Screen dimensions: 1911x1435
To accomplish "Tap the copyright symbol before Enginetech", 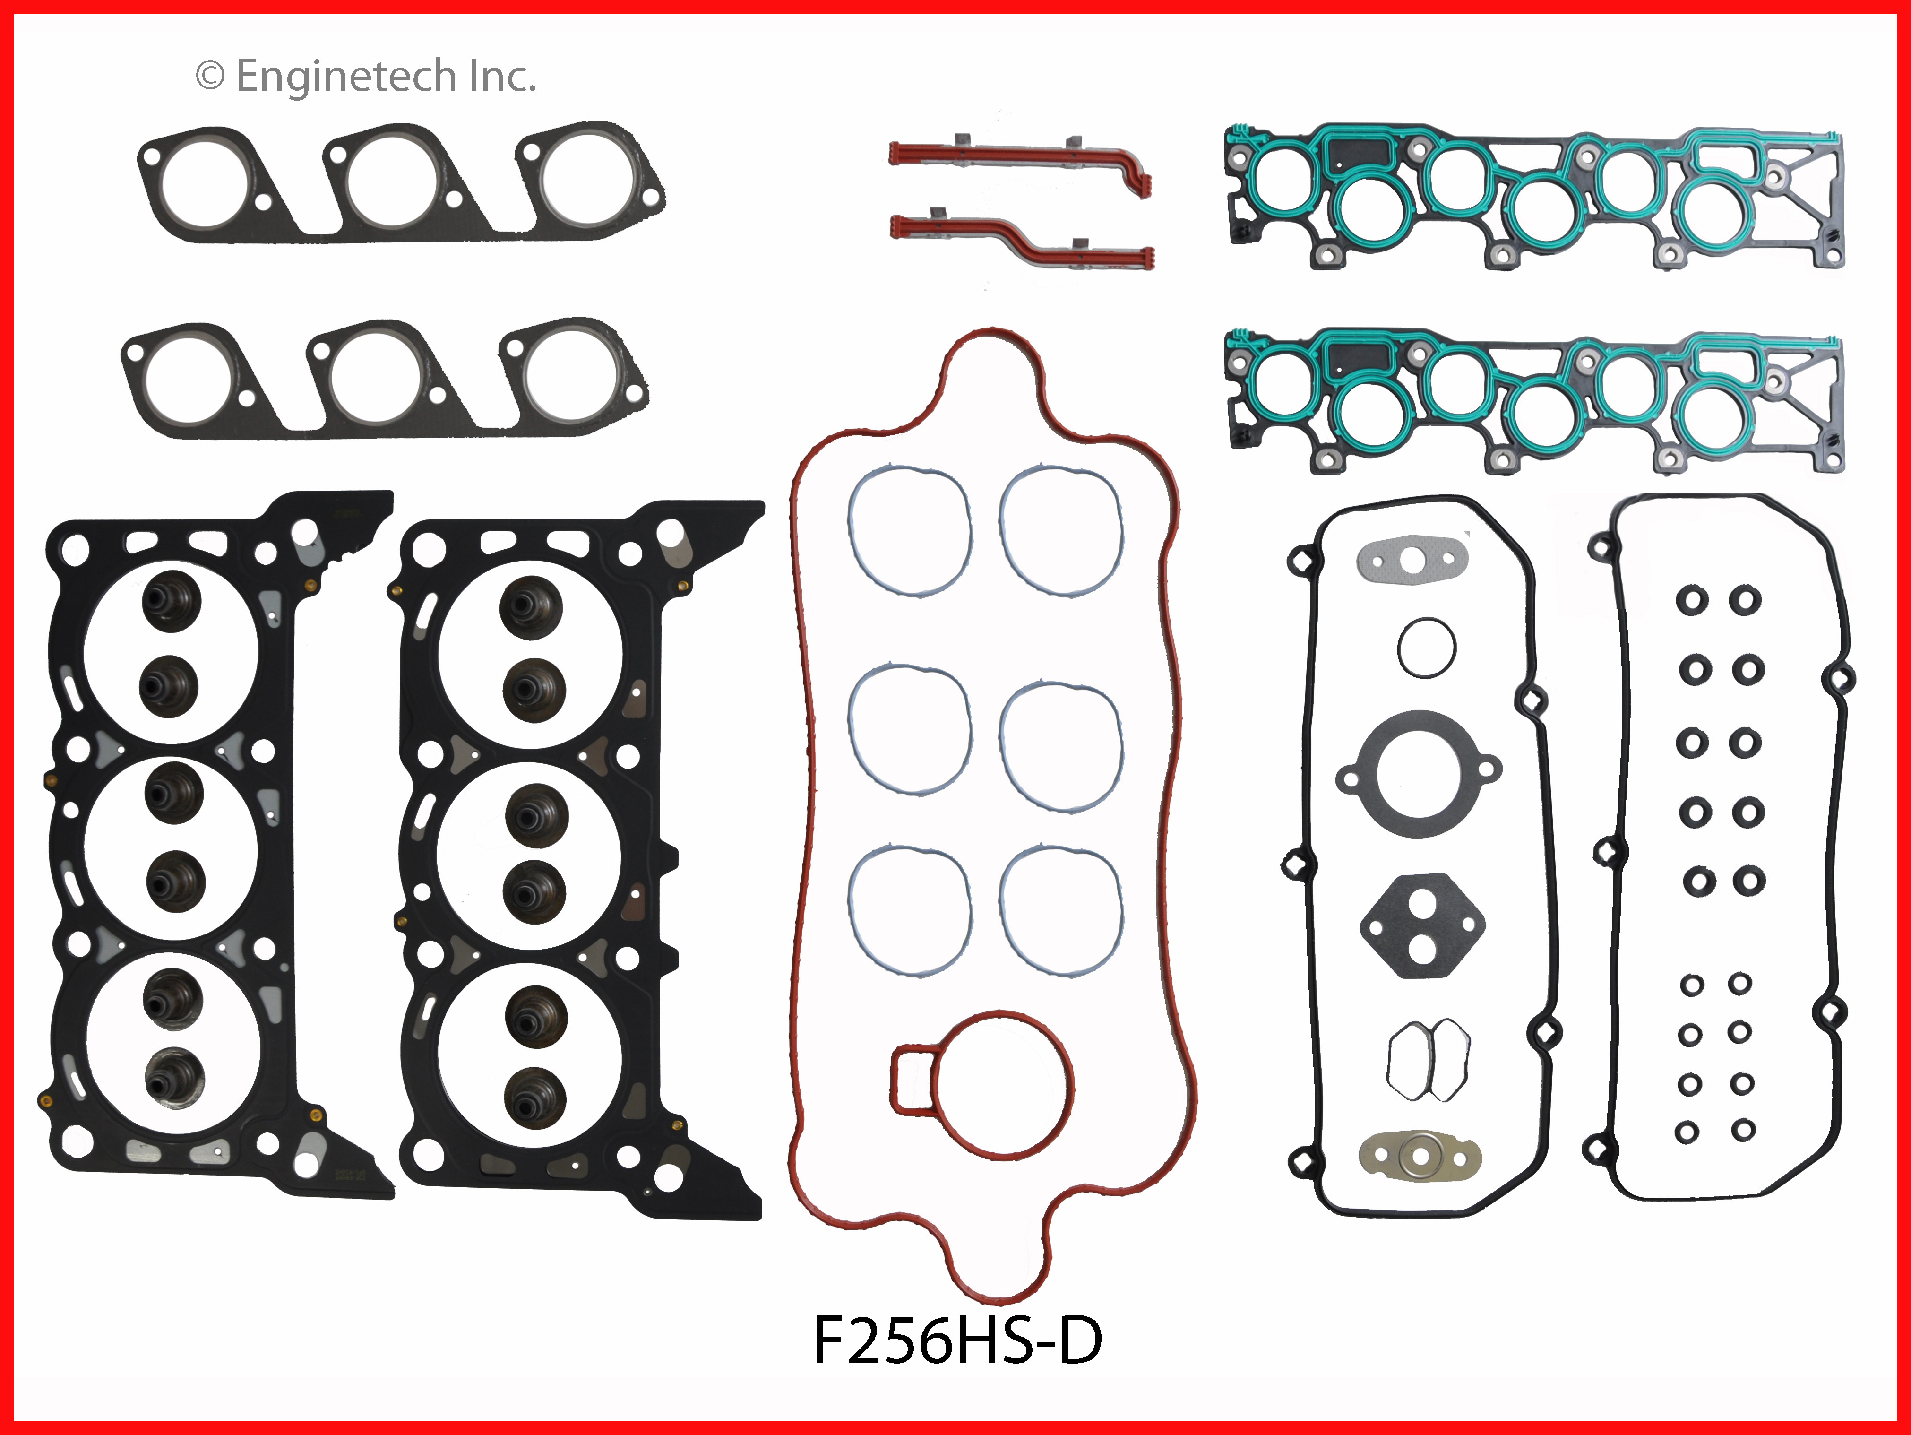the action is click(x=210, y=77).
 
